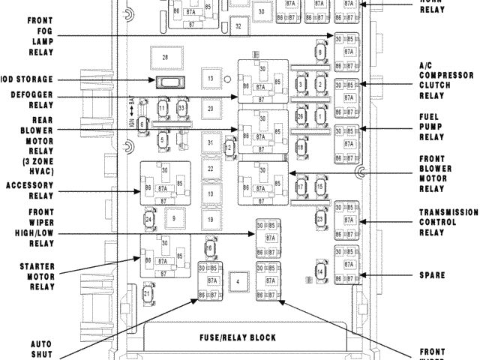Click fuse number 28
coord(166,57)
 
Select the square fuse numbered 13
coord(211,79)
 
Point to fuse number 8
coord(320,52)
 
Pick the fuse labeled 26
coord(300,116)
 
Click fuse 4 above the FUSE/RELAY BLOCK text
coord(238,281)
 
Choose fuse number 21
coord(147,294)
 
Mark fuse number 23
coord(319,219)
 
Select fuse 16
coord(211,248)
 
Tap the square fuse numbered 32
coord(238,26)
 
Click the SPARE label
coord(433,275)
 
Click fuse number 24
coord(149,219)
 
